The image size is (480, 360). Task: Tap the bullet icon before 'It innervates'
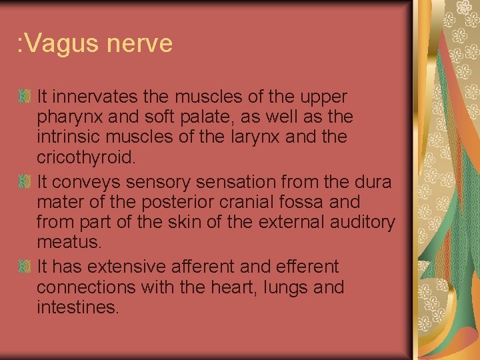(25, 97)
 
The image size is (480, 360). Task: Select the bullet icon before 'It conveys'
(25, 181)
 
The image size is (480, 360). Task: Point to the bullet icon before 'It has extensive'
(25, 267)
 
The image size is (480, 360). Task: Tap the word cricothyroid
(86, 159)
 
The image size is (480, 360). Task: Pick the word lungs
(285, 287)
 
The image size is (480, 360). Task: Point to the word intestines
(77, 309)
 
